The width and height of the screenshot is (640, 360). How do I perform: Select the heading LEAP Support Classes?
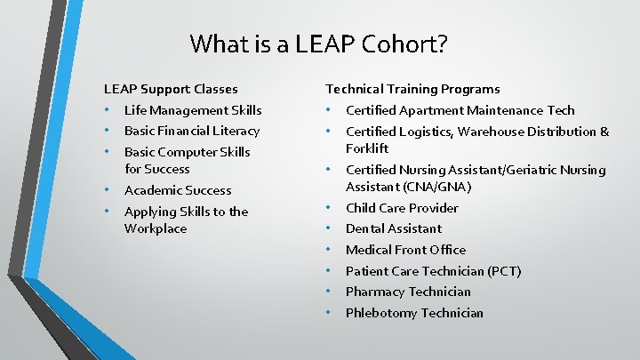171,89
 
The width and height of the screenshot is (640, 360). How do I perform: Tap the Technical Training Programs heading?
412,89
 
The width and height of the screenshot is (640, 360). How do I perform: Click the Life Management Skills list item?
193,110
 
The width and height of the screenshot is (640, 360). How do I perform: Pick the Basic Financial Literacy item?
192,131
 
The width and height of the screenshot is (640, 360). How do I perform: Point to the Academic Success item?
178,190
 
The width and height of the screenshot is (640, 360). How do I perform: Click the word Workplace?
156,228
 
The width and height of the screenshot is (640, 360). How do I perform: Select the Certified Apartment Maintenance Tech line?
460,110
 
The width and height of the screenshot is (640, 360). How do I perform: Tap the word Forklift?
367,148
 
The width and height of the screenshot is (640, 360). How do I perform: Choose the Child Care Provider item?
402,208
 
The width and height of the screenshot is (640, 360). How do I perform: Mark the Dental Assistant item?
393,228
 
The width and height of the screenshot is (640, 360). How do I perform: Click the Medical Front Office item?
405,250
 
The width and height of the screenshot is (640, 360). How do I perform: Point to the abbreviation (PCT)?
502,271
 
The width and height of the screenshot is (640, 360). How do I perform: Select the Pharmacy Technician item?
408,292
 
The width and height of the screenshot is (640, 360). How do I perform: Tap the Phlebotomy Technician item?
414,313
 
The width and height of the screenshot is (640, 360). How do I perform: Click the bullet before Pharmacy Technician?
328,292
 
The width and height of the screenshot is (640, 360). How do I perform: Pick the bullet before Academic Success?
107,190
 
